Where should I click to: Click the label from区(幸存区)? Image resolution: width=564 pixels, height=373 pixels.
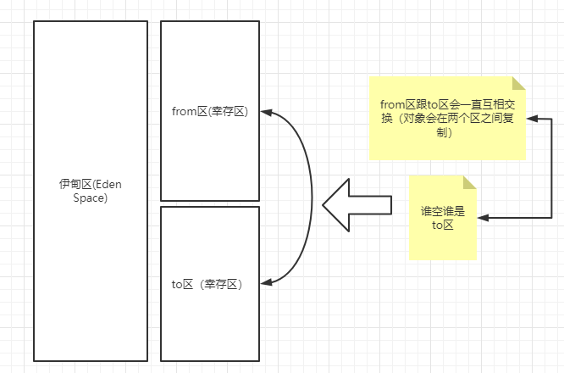pos(209,111)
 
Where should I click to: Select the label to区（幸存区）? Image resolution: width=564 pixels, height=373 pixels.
pos(207,284)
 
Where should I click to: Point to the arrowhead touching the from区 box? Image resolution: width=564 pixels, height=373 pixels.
pos(265,111)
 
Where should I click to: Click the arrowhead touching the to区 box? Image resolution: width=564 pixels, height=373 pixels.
pos(265,283)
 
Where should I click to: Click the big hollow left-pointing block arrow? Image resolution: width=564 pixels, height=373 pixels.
pos(356,204)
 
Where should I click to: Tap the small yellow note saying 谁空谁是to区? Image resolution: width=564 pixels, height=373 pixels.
pos(443,218)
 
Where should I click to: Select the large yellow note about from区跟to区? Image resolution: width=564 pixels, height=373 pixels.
pos(446,118)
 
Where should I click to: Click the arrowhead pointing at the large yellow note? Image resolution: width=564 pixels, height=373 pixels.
pos(530,119)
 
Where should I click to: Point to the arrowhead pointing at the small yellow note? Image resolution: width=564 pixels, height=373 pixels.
pos(482,220)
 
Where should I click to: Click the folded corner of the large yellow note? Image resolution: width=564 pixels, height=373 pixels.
pos(519,82)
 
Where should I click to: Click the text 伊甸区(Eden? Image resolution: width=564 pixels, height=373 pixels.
pos(91,184)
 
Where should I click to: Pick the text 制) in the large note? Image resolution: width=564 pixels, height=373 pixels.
pos(444,133)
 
